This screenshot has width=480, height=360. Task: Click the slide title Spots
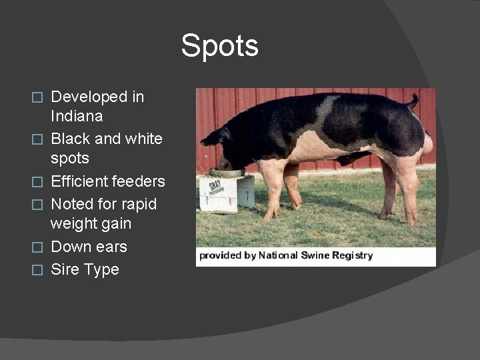(x=219, y=46)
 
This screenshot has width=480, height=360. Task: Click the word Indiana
(x=77, y=117)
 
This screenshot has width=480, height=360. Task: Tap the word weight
(x=73, y=223)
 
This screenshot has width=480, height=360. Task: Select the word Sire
(x=65, y=270)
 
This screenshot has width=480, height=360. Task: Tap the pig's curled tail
(x=413, y=101)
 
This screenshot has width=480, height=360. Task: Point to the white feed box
(x=227, y=193)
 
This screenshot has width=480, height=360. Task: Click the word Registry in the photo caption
(x=353, y=255)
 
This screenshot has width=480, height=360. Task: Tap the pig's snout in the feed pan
(x=225, y=165)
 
